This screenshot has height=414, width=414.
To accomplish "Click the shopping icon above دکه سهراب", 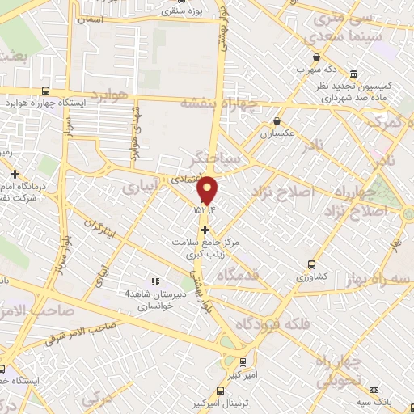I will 315,57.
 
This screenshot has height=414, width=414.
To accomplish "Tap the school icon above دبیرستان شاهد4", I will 153,281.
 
